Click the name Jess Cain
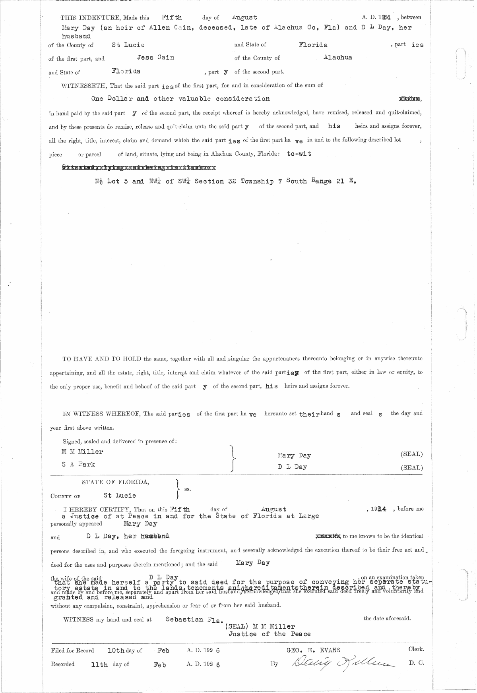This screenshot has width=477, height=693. [x=155, y=57]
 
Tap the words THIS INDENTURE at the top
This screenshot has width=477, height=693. [x=85, y=17]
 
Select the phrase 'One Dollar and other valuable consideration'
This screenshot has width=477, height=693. [x=180, y=98]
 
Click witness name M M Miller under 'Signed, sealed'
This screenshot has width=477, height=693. [x=82, y=452]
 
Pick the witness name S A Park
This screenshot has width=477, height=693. [x=78, y=464]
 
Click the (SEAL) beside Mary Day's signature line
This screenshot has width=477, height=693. [x=411, y=454]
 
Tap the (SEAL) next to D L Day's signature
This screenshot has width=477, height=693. [x=411, y=467]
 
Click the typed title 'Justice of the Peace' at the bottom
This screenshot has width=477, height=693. [x=269, y=634]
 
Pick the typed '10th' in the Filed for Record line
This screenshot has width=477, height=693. [x=116, y=651]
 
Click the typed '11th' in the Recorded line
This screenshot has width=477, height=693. [x=99, y=664]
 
